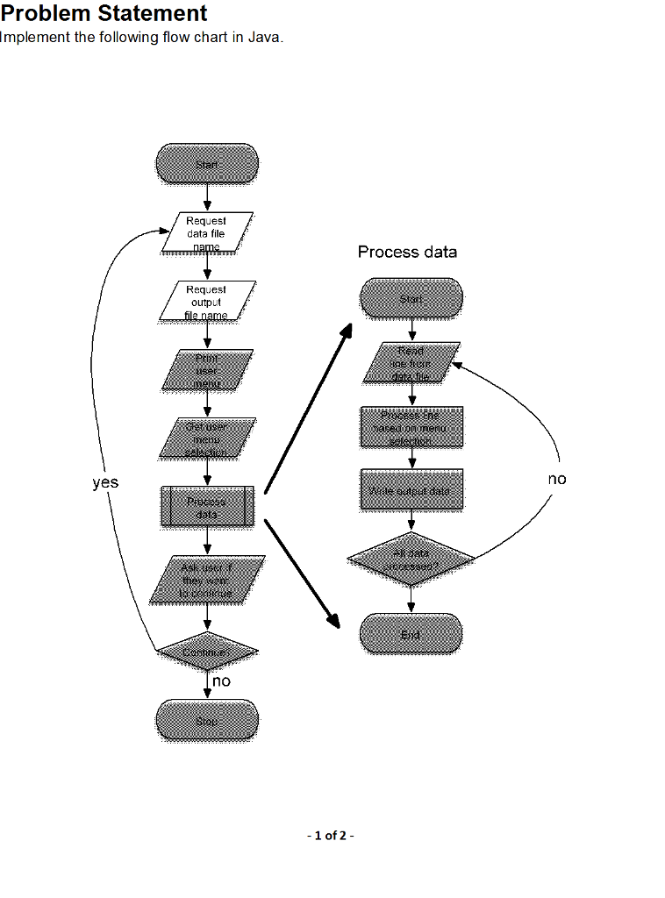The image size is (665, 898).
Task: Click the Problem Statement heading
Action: pyautogui.click(x=104, y=13)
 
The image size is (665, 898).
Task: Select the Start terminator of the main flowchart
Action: pyautogui.click(x=207, y=164)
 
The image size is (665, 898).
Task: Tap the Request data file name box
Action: pyautogui.click(x=207, y=232)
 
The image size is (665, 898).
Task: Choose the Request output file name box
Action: pyautogui.click(x=207, y=301)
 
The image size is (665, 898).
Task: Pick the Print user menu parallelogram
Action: pyautogui.click(x=207, y=369)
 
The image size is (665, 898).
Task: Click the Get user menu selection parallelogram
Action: pyautogui.click(x=207, y=438)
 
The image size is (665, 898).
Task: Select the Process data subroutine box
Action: pyautogui.click(x=207, y=507)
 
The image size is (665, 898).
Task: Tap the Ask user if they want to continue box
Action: pyautogui.click(x=207, y=579)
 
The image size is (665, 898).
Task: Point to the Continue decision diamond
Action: pyautogui.click(x=207, y=652)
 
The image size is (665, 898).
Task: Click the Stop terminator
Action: pyautogui.click(x=207, y=721)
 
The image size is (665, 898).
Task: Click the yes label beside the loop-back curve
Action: pyautogui.click(x=105, y=482)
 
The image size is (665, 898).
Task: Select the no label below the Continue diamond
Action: pyautogui.click(x=221, y=681)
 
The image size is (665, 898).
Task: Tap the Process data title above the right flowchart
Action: pyautogui.click(x=407, y=253)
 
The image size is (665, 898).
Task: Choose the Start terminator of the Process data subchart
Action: pyautogui.click(x=411, y=299)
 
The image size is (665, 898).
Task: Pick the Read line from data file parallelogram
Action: pyautogui.click(x=411, y=362)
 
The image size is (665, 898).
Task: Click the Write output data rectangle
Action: pyautogui.click(x=411, y=490)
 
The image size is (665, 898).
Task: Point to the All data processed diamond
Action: pyautogui.click(x=411, y=559)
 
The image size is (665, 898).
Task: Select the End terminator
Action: pyautogui.click(x=411, y=634)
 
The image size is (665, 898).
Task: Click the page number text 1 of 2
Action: pyautogui.click(x=331, y=836)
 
